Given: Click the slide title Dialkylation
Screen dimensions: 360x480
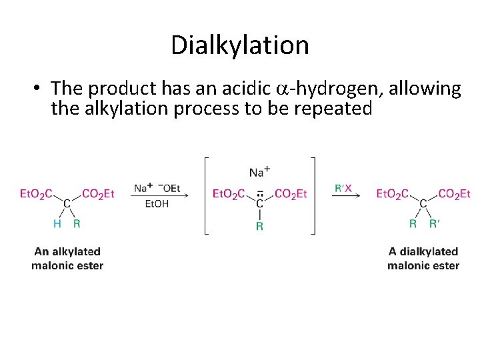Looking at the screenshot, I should (240, 45).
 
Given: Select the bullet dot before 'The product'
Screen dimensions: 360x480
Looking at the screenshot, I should (39, 89).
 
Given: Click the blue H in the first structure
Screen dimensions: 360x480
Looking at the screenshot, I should (57, 223).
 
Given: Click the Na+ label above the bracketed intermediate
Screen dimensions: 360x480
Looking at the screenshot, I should (259, 172).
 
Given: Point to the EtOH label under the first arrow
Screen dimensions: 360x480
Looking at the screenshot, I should (157, 203).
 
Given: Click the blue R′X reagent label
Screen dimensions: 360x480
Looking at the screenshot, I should (343, 189).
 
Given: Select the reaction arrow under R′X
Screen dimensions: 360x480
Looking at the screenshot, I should (347, 196).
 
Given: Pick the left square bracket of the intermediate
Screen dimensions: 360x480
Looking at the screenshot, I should (207, 195).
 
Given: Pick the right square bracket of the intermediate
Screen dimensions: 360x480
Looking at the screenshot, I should (313, 195).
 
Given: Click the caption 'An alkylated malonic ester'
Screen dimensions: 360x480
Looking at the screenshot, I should (67, 259).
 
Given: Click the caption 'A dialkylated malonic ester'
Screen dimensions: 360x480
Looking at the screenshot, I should (423, 259).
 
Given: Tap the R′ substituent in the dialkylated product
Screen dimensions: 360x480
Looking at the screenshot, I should (435, 223).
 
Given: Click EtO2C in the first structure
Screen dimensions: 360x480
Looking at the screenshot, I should (37, 194).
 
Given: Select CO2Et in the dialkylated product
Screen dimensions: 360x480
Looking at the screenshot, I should (454, 194).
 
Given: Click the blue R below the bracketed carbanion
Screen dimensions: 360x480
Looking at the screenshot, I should (259, 226).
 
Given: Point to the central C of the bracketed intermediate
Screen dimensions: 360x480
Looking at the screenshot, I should (259, 203).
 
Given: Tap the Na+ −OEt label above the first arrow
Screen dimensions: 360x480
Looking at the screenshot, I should (157, 189).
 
